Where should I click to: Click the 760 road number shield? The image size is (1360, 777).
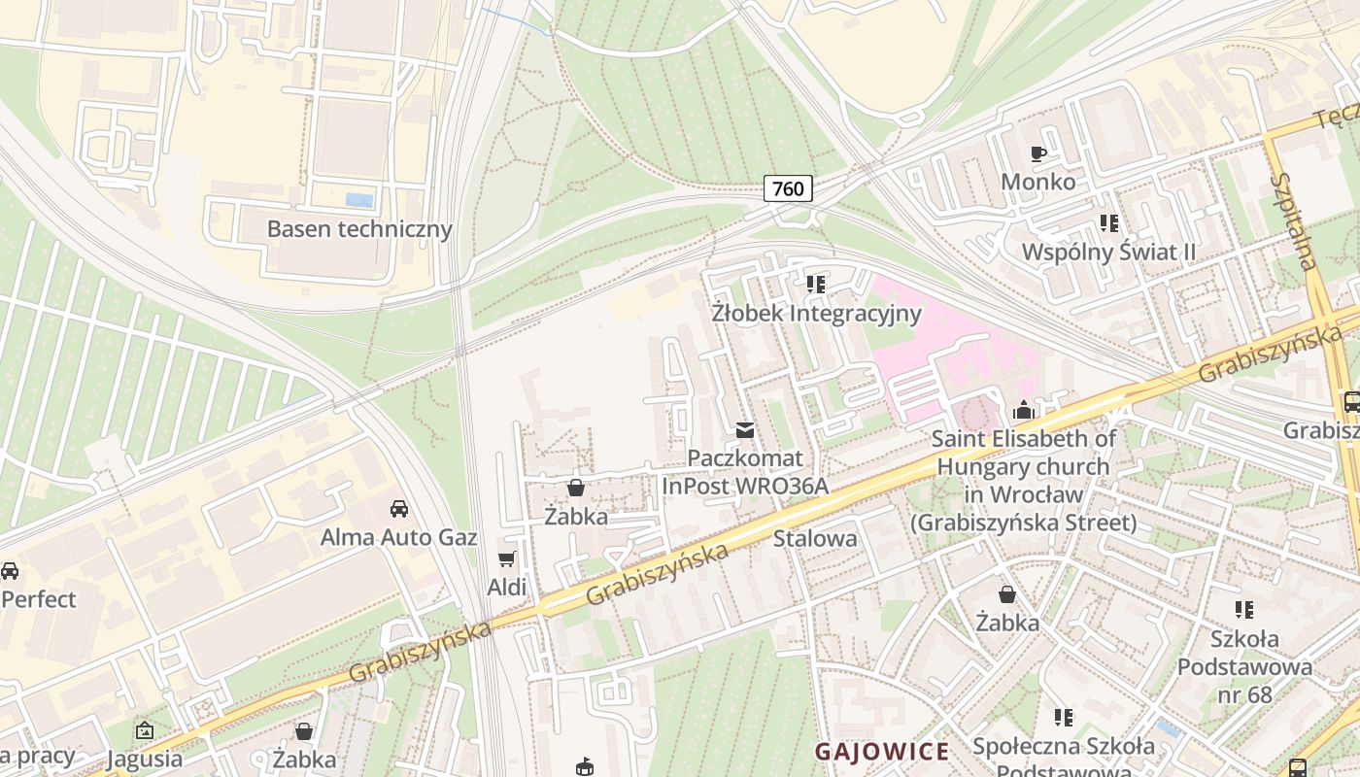tap(788, 187)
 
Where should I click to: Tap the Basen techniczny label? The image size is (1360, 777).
tap(359, 229)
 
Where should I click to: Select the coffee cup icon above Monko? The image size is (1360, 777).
tap(1038, 153)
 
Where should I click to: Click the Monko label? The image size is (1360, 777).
tap(1038, 182)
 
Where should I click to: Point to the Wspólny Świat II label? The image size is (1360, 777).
tap(1108, 253)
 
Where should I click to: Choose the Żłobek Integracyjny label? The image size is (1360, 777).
tap(816, 314)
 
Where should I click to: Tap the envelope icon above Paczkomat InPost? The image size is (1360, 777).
tap(745, 429)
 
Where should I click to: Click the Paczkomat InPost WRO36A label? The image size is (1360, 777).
tap(745, 471)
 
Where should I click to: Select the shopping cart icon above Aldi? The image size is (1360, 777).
tap(506, 558)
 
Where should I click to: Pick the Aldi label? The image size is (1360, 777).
tap(506, 587)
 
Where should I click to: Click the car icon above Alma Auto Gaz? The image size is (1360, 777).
tap(398, 508)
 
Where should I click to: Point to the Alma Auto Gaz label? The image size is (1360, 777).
tap(398, 537)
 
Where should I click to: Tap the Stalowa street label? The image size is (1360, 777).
tap(815, 538)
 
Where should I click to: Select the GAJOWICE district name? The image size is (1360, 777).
tap(881, 752)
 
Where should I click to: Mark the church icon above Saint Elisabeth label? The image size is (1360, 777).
tap(1023, 410)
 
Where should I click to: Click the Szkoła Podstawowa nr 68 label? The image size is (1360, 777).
tap(1244, 666)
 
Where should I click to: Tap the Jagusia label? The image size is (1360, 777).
tap(145, 759)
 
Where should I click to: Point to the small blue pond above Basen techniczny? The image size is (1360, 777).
tap(359, 200)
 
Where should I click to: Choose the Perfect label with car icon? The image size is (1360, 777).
tap(38, 598)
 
